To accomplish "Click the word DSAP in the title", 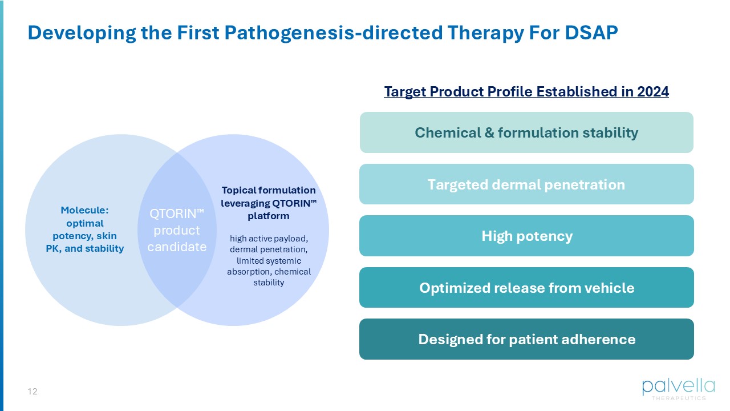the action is (x=591, y=33).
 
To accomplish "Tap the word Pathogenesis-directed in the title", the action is (x=334, y=33).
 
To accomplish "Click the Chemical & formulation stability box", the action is (x=526, y=132).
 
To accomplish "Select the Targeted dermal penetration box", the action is (x=526, y=184).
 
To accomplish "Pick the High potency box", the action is (x=526, y=236).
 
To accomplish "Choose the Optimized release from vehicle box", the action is (x=526, y=287).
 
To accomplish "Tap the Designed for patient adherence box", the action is (x=526, y=339).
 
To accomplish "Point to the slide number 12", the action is (x=33, y=392).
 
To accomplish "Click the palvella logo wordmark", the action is (x=679, y=387).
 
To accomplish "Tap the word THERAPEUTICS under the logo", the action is (x=679, y=398).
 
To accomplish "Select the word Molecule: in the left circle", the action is (x=85, y=211).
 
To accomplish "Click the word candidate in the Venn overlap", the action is (x=177, y=247).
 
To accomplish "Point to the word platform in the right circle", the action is (x=269, y=216).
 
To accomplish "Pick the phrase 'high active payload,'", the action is (x=269, y=239).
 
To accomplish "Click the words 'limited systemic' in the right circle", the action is (x=269, y=261).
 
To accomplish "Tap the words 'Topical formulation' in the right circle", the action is (x=269, y=190).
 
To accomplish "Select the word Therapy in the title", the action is (x=485, y=33).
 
